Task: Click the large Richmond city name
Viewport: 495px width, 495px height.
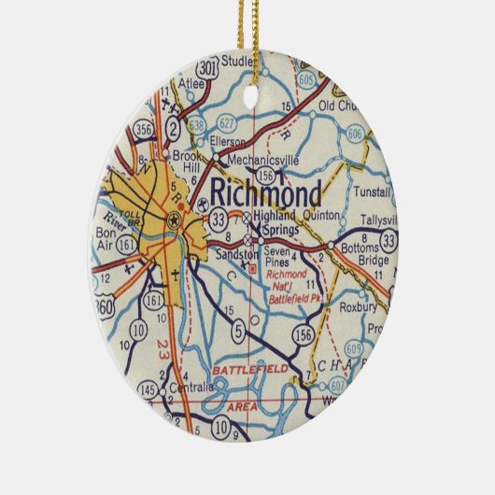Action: click(266, 193)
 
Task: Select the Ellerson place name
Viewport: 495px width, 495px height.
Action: click(229, 142)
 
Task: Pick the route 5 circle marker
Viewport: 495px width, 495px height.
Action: click(238, 329)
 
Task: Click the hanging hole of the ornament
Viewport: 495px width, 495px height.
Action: click(251, 96)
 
